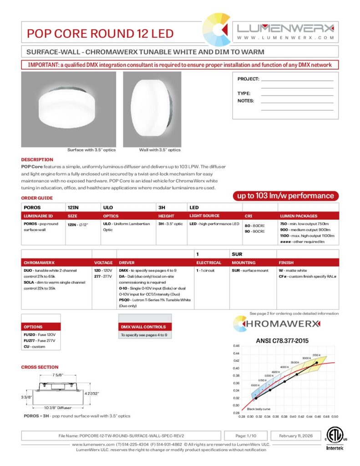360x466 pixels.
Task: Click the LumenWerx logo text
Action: (286, 28)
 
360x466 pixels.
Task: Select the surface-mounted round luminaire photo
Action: (69, 109)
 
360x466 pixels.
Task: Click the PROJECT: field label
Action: (248, 79)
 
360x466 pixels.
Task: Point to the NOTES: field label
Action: (246, 101)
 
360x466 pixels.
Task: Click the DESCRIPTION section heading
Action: (37, 160)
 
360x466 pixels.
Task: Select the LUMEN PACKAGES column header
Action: (298, 216)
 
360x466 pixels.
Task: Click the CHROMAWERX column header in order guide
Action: (39, 263)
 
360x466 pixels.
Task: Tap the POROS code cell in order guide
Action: (32, 207)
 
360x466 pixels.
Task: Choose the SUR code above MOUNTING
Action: (237, 254)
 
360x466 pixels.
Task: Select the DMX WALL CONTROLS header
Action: (143, 327)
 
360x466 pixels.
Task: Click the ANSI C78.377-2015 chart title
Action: (282, 341)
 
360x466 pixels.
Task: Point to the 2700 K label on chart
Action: (317, 355)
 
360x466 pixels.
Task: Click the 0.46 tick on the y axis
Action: (236, 346)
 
